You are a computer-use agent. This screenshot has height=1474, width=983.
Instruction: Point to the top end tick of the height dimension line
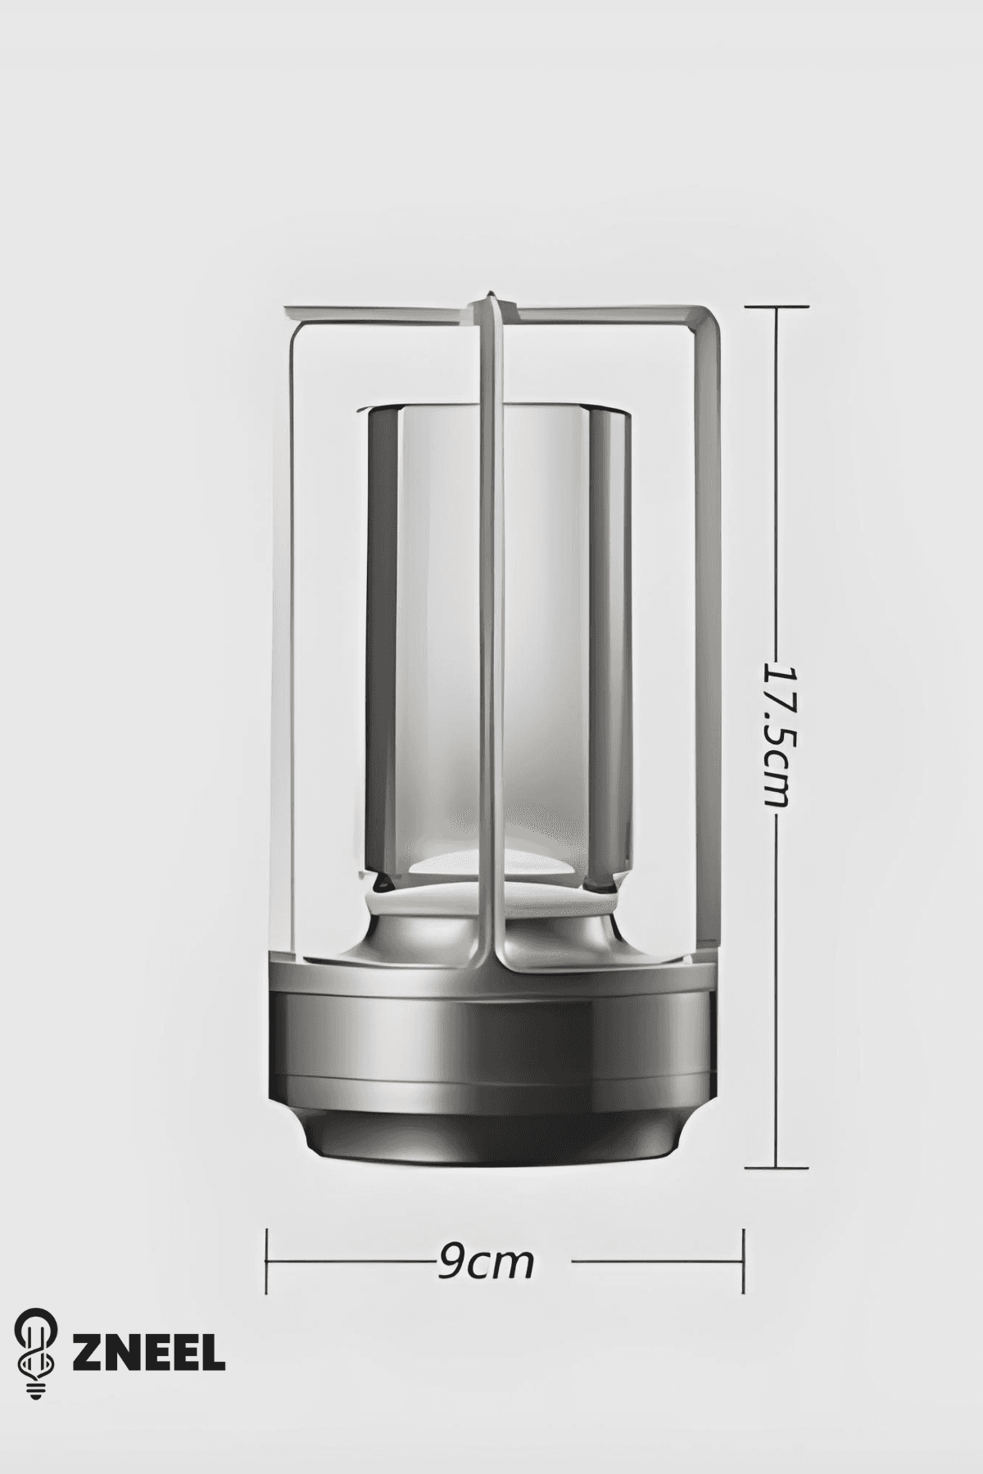776,306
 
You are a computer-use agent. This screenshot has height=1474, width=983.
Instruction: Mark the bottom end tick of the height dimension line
776,1168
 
